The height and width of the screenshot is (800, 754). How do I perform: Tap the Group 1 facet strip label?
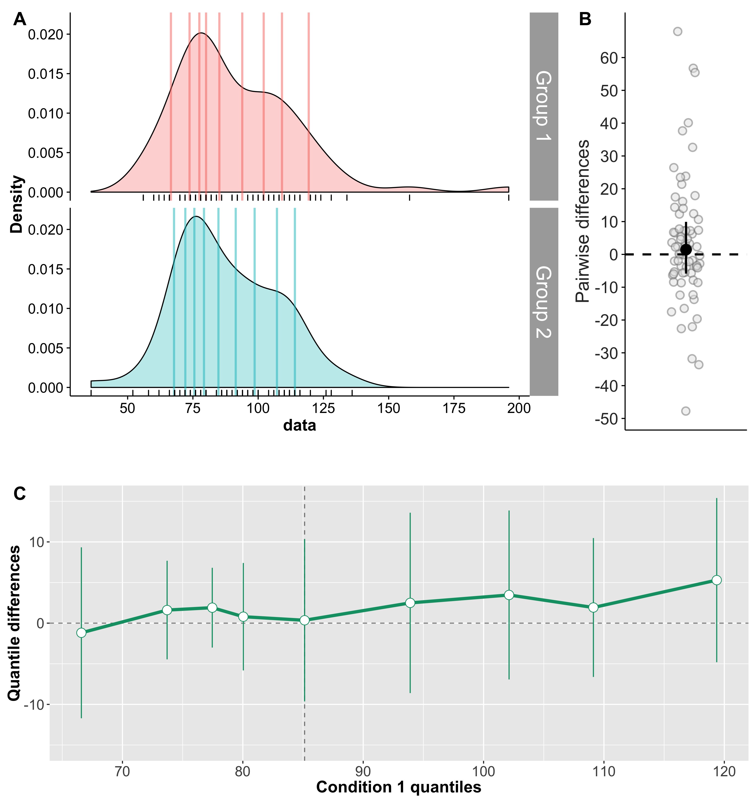pos(544,106)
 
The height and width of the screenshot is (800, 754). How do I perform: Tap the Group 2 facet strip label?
pos(544,302)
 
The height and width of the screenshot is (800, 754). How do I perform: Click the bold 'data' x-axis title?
pos(299,425)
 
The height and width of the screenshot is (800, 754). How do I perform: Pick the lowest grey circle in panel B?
pos(686,411)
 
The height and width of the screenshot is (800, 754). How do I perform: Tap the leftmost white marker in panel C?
pos(81,633)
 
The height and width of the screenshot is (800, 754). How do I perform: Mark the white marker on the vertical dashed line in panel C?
pos(304,620)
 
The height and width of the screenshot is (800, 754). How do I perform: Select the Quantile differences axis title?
pos(14,623)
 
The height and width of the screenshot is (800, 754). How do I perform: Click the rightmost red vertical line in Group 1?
pos(309,105)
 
